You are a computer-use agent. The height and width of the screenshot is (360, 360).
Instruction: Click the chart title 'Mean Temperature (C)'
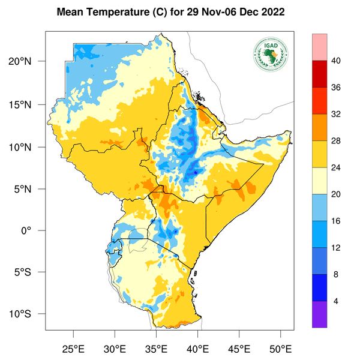tap(115, 11)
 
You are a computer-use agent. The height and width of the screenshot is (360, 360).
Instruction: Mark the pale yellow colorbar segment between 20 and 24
tap(320, 181)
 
